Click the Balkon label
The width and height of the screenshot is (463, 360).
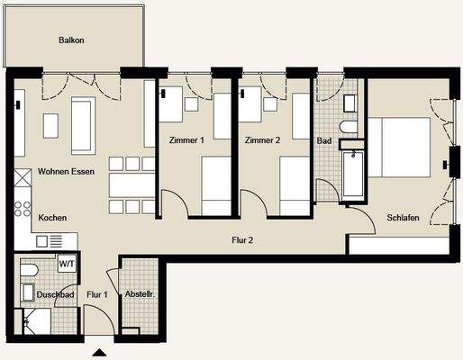[71, 40]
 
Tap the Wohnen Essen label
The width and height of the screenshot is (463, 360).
[66, 172]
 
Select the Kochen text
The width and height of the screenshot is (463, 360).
[52, 218]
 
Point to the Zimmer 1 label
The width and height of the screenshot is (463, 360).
[186, 140]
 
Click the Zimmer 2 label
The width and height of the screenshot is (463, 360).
[262, 140]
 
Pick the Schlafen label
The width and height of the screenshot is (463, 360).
[403, 218]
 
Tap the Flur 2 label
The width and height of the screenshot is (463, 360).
[242, 240]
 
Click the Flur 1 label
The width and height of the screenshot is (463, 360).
[97, 294]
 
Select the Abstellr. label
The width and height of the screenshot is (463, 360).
[140, 294]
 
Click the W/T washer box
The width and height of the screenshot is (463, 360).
[67, 264]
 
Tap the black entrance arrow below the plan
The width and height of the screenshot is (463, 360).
[99, 353]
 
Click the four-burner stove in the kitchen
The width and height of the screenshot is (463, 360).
[23, 209]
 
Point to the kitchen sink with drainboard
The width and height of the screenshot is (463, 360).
[50, 241]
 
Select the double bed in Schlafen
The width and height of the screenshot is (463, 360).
[399, 147]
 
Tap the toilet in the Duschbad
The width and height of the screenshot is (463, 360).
[29, 271]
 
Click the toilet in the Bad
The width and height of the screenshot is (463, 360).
[349, 127]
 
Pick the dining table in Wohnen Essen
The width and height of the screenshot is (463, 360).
[132, 185]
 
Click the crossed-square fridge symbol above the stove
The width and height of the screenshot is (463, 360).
[23, 177]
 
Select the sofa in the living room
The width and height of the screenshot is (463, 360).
[84, 125]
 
